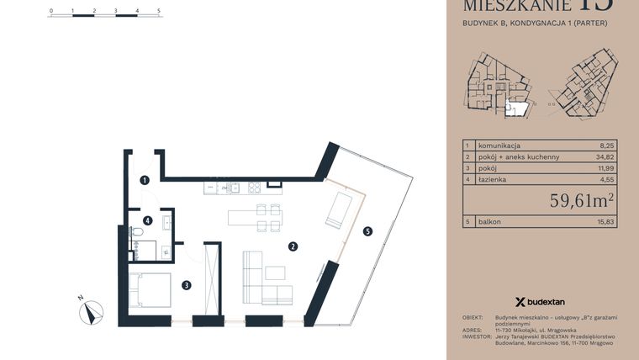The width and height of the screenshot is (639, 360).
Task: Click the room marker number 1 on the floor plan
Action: (x=145, y=179)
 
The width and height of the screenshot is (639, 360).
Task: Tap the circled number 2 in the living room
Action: (x=293, y=246)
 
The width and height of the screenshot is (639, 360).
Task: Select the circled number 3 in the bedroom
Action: (x=187, y=285)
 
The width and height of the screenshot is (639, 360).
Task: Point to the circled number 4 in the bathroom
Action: (x=147, y=221)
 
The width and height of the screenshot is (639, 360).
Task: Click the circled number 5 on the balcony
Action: (x=366, y=232)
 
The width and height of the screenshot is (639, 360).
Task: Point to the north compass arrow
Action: (x=91, y=312)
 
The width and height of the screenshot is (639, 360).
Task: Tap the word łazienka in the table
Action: (x=494, y=179)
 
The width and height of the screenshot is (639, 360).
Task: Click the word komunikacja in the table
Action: (x=501, y=146)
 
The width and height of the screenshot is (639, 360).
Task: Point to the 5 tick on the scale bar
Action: (x=159, y=12)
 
